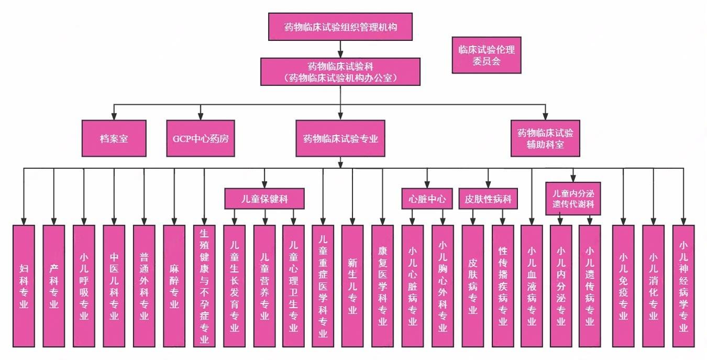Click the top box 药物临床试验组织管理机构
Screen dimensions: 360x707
coord(340,27)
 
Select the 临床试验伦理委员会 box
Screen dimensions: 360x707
coord(487,55)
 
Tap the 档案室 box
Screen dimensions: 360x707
coord(114,139)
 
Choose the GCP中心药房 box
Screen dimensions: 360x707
coord(201,139)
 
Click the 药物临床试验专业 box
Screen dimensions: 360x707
coord(340,139)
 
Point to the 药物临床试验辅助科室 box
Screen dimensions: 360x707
coord(545,139)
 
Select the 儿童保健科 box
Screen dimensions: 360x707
coord(264,199)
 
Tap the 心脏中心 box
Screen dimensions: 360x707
coord(427,199)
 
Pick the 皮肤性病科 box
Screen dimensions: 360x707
coord(488,199)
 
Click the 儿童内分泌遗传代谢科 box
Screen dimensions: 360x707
coord(573,199)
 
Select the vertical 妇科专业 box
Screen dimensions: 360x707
coord(24,286)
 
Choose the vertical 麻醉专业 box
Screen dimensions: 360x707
coord(174,286)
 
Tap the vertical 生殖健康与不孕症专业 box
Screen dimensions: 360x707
coord(204,286)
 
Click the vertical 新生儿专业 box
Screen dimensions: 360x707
coord(352,286)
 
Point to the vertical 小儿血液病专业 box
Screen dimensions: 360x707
coord(532,286)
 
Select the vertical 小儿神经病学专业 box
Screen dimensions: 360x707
coord(683,286)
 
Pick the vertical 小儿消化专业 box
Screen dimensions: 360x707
coord(653,286)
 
